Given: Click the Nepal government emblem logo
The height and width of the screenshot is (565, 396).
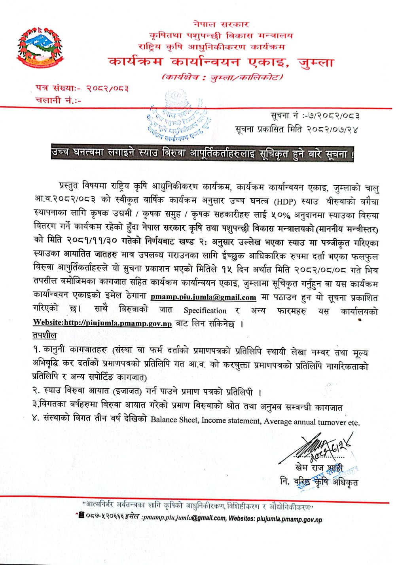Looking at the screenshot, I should (x=40, y=49).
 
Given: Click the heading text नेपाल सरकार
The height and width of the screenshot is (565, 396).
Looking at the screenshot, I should (x=221, y=24).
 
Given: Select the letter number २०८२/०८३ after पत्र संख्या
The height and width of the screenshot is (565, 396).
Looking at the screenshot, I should (x=107, y=89).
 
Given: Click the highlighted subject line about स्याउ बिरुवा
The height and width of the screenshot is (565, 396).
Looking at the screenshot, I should (x=202, y=153).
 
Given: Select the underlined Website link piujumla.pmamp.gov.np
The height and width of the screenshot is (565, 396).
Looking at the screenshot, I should (x=102, y=323).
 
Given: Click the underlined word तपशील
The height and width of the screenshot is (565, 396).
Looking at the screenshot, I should (x=44, y=335).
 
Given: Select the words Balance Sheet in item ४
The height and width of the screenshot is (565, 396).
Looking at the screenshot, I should (x=174, y=420).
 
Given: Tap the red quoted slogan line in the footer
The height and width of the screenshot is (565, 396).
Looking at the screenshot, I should (x=198, y=505).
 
